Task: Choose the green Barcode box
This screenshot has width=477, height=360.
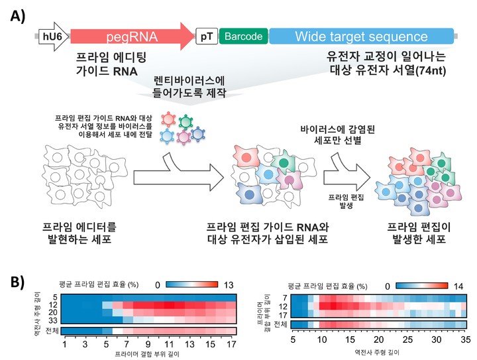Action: tap(243, 36)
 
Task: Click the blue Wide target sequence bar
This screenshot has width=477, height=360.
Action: tap(361, 36)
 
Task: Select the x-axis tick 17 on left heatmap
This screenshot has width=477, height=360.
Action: tap(231, 345)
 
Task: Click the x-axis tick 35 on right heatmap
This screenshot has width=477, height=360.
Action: tap(465, 338)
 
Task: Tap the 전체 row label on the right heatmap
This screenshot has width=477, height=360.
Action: tap(280, 324)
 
